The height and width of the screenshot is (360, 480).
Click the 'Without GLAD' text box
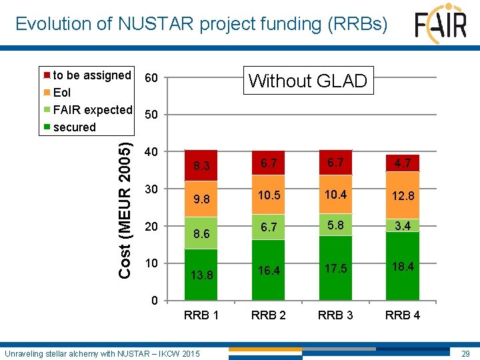coord(307,81)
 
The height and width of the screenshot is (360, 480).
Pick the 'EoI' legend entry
coord(61,93)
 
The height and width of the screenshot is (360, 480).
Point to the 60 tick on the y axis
coord(151,79)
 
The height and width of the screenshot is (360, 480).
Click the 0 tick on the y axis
coord(154,300)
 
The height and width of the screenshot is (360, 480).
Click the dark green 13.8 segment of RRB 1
coord(201,274)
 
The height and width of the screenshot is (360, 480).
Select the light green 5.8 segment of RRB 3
coord(335,226)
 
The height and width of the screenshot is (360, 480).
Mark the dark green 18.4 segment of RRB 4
coord(402,265)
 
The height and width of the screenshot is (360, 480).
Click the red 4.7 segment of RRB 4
coord(402,163)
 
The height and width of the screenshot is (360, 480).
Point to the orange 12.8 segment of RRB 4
coord(402,195)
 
